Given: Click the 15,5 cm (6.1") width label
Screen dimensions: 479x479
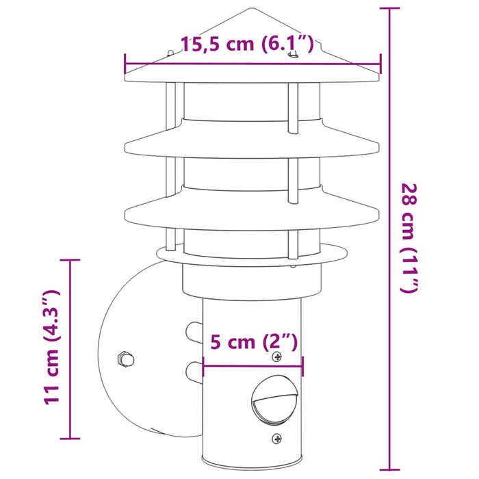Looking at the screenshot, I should pos(247,45).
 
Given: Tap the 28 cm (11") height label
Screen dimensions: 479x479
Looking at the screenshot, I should pos(409,237).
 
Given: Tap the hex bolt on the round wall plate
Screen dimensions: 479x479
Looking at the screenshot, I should pos(125,358).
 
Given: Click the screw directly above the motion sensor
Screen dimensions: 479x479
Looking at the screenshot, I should pos(276,358).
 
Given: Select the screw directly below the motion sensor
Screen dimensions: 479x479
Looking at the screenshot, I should pos(276,438).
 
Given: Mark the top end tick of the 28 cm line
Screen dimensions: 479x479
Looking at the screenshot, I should pos(389,9).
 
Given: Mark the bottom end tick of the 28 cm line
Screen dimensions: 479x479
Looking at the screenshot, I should pos(389,471).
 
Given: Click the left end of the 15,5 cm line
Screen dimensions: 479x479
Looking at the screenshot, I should pos(125,64).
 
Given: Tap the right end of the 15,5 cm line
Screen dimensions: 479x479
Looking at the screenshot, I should pos(380,64).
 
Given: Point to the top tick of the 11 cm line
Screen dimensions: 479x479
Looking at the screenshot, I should pos(70,261).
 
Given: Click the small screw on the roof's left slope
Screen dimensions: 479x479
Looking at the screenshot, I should pos(168,52).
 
